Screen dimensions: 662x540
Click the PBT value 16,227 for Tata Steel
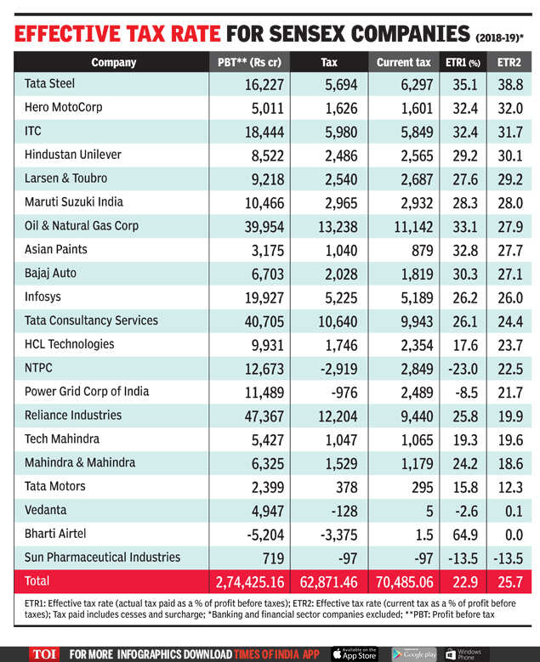coord(261,85)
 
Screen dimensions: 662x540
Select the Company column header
coord(113,62)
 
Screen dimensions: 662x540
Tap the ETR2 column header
coord(509,62)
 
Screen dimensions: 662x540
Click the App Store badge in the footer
coord(355,654)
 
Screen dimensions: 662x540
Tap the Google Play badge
coord(413,654)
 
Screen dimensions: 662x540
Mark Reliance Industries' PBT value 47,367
coord(261,416)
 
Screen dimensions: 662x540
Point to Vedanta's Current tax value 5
coord(429,511)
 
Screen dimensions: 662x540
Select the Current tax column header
coord(404,62)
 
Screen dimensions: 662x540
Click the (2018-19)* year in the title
coord(497,37)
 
